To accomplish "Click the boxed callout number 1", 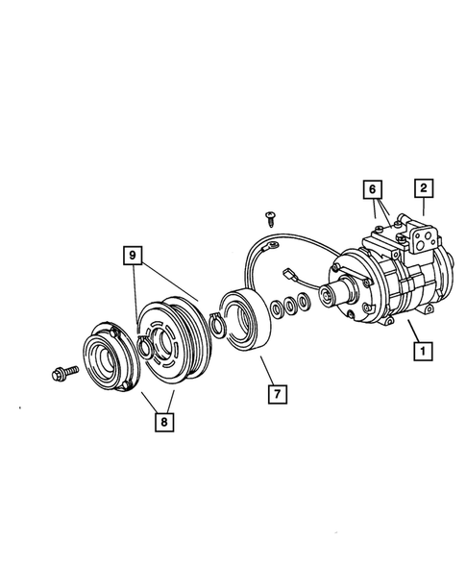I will [419, 352].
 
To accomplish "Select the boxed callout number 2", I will [423, 188].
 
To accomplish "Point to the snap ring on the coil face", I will [217, 326].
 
